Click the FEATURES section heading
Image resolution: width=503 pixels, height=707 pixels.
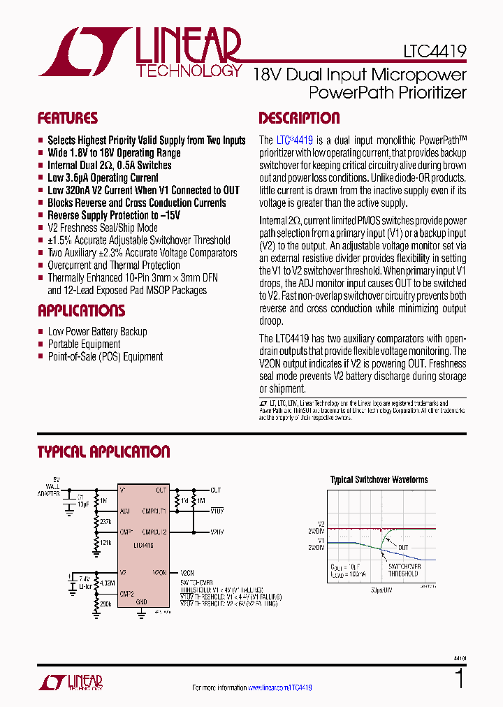(67, 118)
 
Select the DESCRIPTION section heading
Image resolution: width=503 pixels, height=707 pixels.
(299, 118)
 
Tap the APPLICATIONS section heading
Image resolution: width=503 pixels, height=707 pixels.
(81, 310)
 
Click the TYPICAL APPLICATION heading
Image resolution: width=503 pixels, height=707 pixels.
(103, 452)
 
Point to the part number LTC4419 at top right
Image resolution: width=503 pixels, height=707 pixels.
(435, 51)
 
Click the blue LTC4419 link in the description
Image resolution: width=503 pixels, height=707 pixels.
(294, 140)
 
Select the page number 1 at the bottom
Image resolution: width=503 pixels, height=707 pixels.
(459, 678)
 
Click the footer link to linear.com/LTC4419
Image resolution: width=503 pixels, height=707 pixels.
(279, 687)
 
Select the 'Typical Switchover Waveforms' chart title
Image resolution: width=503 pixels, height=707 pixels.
(379, 480)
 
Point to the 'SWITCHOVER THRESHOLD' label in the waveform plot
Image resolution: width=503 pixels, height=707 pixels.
(404, 569)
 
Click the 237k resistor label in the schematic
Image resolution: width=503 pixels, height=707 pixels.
(105, 521)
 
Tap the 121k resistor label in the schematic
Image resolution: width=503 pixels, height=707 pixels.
(105, 543)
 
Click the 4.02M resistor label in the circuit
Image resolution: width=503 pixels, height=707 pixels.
(108, 583)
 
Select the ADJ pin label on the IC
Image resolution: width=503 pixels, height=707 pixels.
(125, 511)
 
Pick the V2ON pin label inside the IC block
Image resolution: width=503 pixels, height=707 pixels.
(159, 572)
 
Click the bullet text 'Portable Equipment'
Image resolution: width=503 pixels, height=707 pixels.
(84, 344)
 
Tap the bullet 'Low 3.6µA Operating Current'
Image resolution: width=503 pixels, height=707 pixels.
(103, 178)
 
